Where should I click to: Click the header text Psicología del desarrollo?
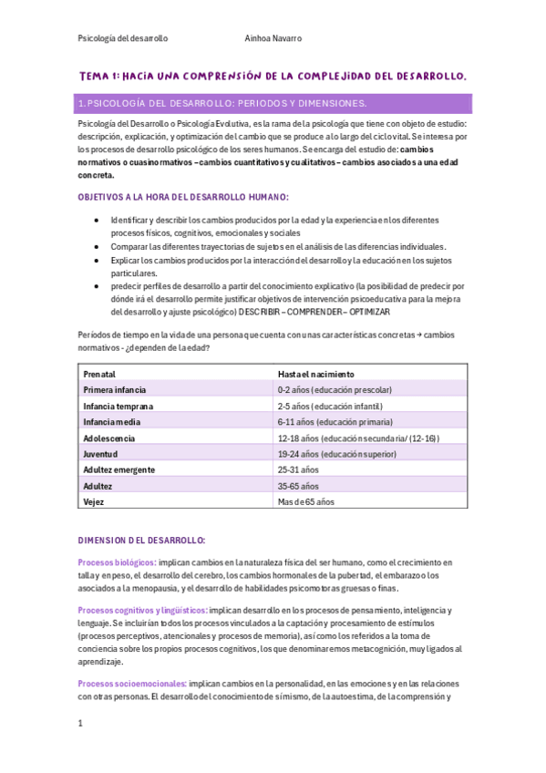(123, 38)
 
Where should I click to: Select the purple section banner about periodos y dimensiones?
(273, 103)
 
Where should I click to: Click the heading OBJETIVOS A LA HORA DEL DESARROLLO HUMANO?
(183, 197)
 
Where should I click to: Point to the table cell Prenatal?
(100, 374)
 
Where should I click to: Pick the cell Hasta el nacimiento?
(316, 374)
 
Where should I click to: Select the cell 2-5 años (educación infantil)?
(330, 406)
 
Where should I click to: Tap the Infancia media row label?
(113, 422)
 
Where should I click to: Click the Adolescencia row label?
(109, 438)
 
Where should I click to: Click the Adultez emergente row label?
(118, 469)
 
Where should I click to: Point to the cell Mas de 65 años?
(306, 501)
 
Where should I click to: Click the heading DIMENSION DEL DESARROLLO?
(142, 540)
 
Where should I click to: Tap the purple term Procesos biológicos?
(117, 562)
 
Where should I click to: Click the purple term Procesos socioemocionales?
(133, 683)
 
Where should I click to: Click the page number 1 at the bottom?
(81, 724)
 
